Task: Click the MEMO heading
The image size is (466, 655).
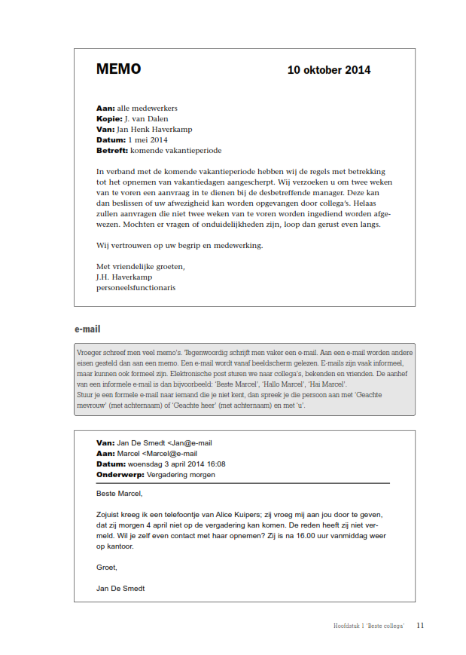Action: pos(118,69)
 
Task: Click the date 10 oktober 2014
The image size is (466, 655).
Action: pos(328,70)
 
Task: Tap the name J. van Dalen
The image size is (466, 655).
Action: pos(146,118)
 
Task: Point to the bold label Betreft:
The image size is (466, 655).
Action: pos(112,150)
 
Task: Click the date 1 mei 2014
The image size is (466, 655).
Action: pos(148,139)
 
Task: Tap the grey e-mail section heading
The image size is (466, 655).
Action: pos(87,329)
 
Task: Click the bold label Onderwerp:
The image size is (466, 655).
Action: pos(120,475)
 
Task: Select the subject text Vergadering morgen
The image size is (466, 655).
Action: pos(181,475)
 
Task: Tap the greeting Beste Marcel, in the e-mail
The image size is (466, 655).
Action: pos(119,494)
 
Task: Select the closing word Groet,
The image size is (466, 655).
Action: pos(107,567)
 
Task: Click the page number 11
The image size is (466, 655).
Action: pos(420,626)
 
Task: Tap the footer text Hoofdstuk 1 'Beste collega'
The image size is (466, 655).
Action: pos(369,626)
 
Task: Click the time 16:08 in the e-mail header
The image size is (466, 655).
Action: pos(215,464)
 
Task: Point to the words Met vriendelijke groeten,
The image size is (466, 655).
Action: pos(141,266)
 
